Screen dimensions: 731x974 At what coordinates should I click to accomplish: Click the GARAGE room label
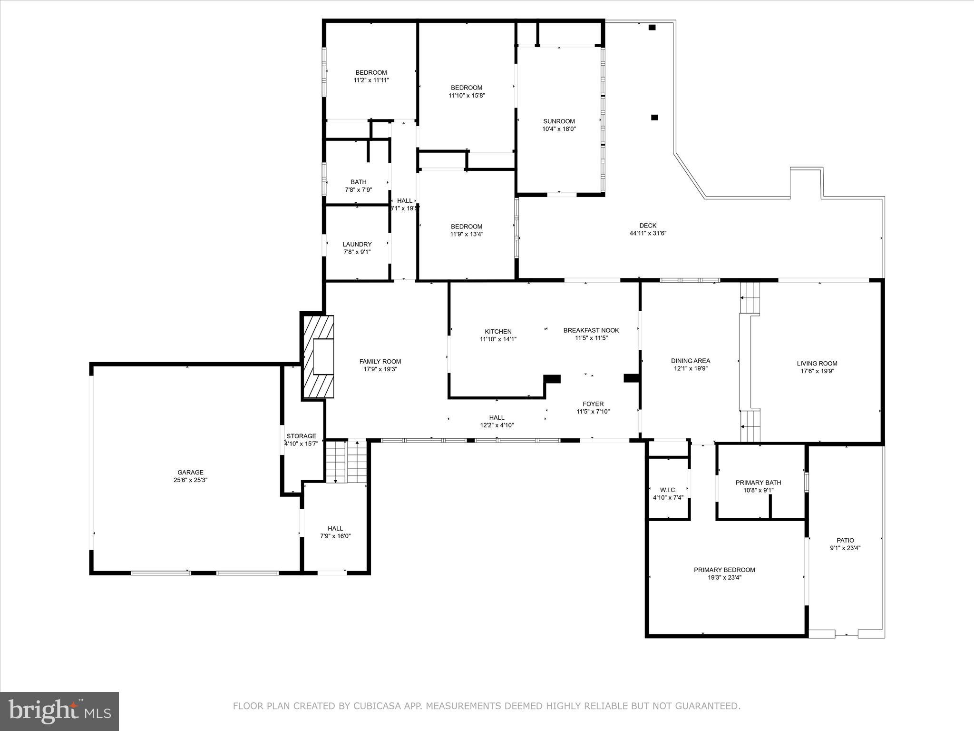click(x=190, y=472)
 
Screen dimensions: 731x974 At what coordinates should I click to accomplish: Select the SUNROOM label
click(x=559, y=121)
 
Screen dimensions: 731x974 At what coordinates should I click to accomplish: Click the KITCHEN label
click(x=498, y=332)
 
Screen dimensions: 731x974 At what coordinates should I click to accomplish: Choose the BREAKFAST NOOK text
click(x=591, y=330)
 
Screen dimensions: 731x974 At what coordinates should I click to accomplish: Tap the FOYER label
click(x=593, y=404)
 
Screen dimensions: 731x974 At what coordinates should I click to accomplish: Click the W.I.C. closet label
click(x=668, y=490)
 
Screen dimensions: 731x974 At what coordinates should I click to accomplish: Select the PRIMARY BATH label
click(x=758, y=483)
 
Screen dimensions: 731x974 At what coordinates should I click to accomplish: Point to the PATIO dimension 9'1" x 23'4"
click(x=845, y=548)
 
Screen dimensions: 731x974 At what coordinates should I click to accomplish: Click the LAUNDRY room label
click(x=357, y=244)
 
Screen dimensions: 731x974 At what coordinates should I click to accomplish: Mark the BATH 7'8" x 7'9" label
click(x=359, y=186)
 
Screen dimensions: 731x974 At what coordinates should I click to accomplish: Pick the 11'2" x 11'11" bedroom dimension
click(x=371, y=80)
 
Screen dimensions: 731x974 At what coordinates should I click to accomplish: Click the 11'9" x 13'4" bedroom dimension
click(x=467, y=234)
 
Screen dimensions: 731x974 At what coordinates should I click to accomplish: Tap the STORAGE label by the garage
click(x=301, y=436)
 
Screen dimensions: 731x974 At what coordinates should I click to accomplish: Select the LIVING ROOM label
click(x=817, y=364)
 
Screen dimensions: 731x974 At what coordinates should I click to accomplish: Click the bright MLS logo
click(x=59, y=711)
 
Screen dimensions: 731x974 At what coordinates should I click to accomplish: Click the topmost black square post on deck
click(x=652, y=28)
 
